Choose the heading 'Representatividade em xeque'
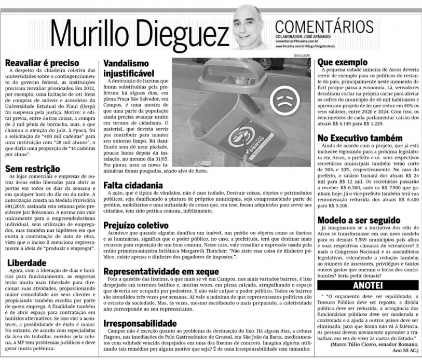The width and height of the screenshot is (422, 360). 162,271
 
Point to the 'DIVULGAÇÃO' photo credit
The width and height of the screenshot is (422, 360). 301,55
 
